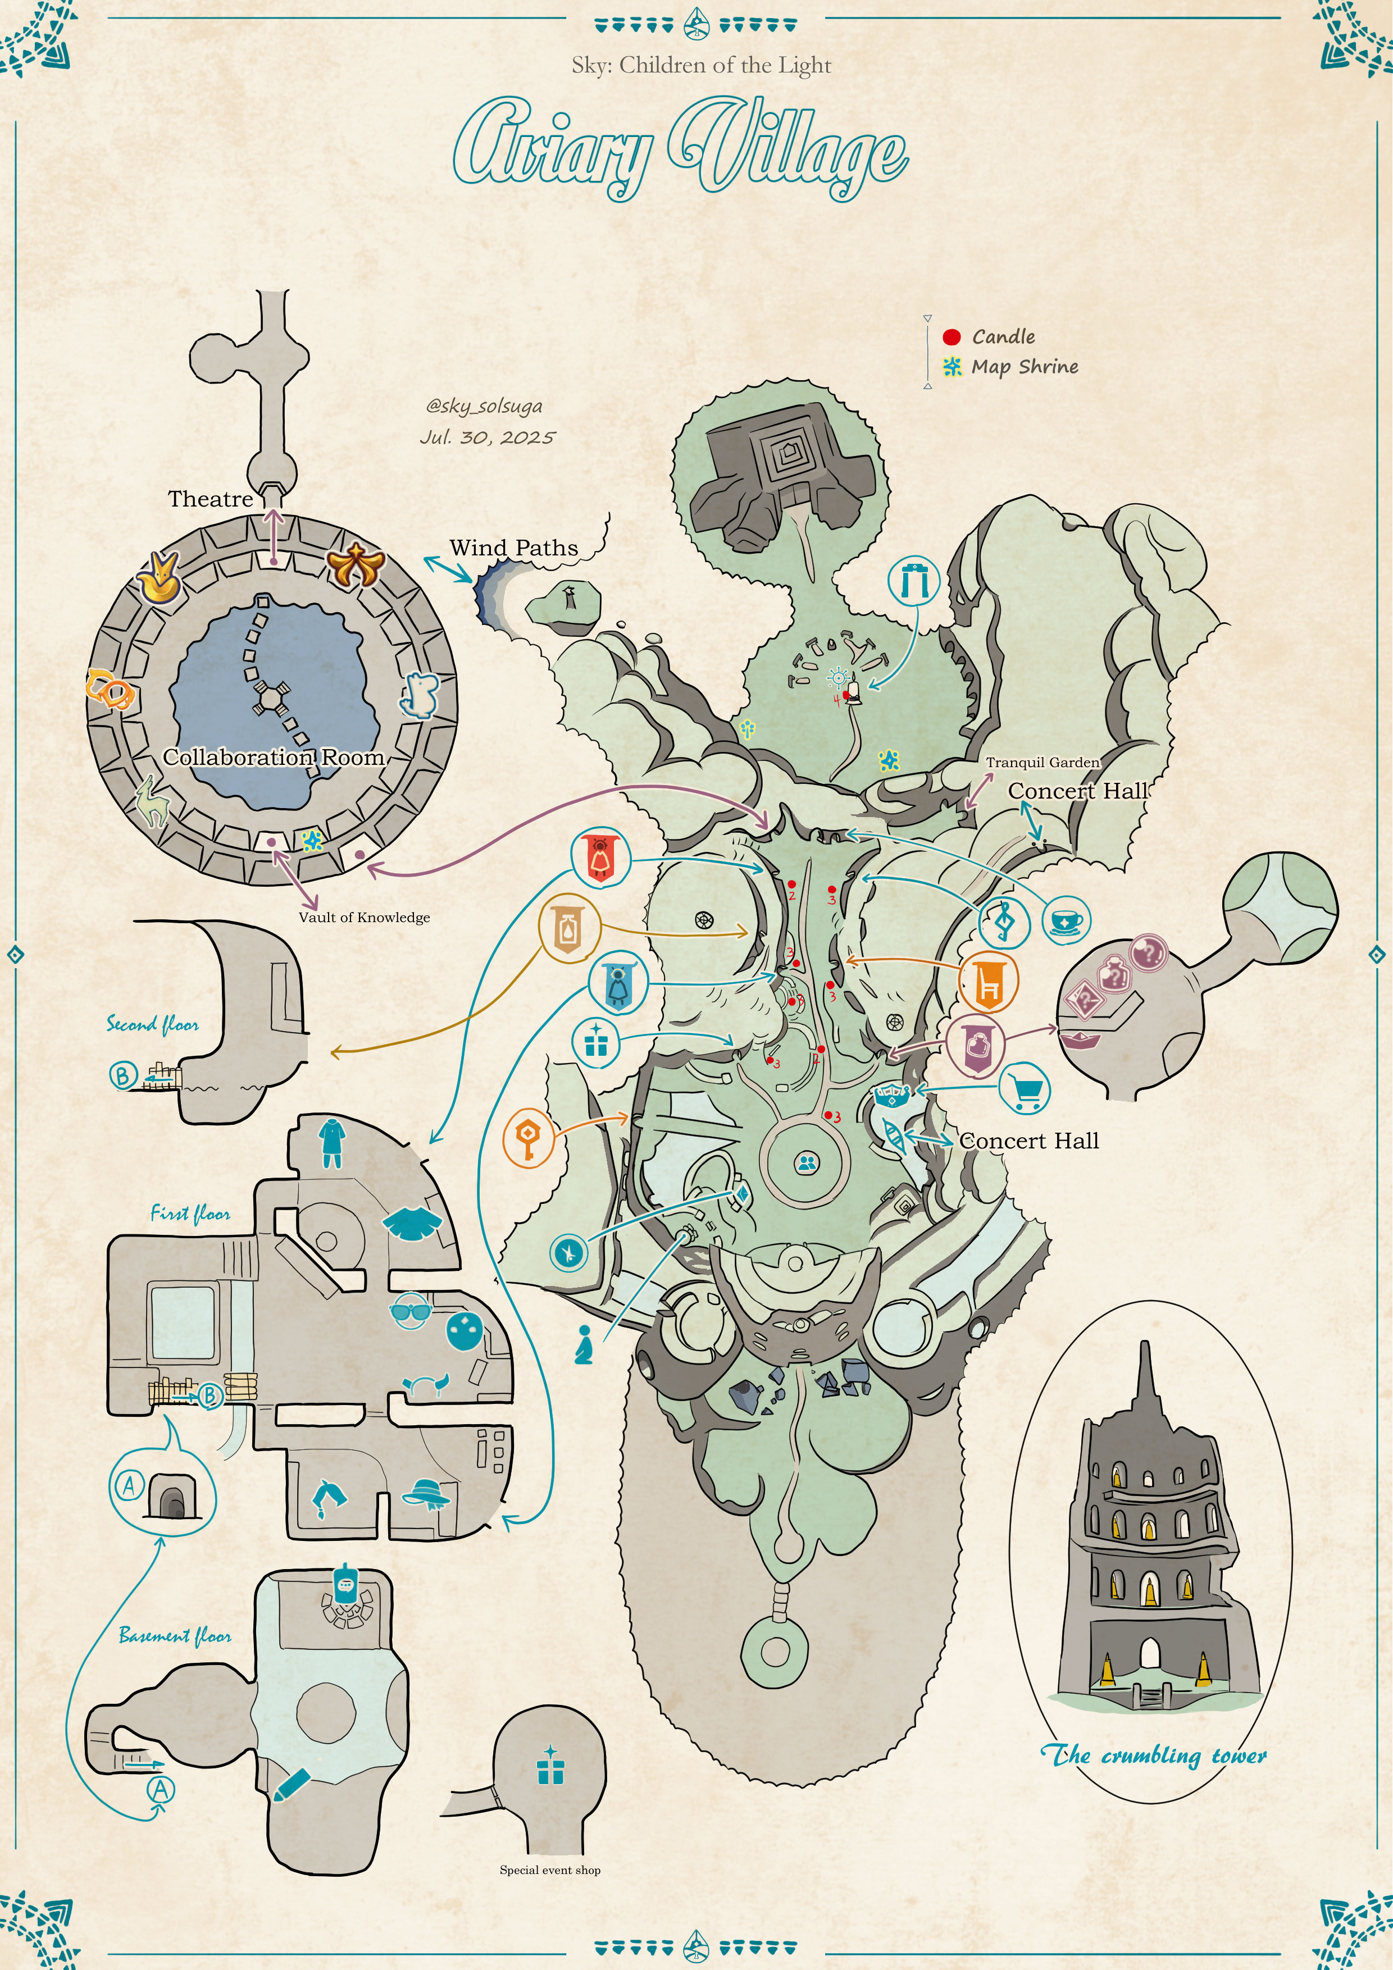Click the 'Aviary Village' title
680,148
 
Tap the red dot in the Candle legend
951,336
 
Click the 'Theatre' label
210,499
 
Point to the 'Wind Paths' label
513,548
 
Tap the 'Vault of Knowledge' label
364,917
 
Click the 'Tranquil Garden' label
1042,762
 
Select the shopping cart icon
1026,1088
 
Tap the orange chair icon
989,982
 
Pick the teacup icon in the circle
1066,920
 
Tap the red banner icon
600,857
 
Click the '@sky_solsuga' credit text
484,406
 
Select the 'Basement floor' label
175,1635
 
